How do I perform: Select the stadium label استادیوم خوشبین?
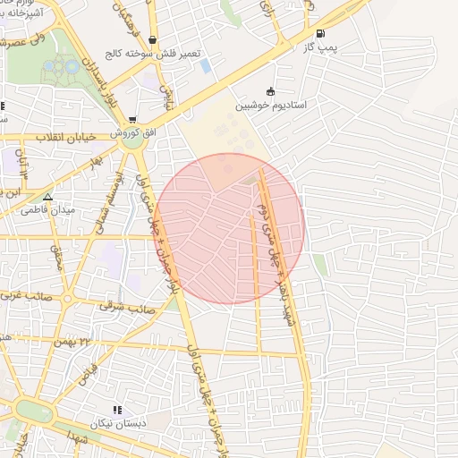point(272,105)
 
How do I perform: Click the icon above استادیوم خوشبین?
point(270,90)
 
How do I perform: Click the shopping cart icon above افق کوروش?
point(132,119)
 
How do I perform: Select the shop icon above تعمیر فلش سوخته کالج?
point(154,39)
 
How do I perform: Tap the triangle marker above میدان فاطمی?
point(47,197)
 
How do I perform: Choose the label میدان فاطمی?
point(50,210)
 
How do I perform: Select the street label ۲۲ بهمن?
point(97,343)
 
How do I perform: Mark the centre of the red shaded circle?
point(230,228)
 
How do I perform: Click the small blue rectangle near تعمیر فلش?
point(206,66)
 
